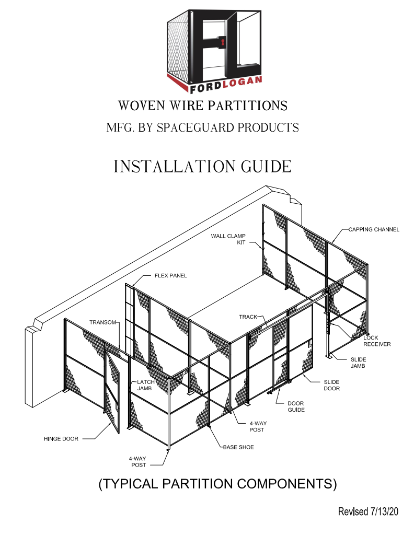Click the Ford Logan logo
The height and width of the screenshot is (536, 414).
point(214,51)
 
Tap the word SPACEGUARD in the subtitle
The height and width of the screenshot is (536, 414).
point(195,127)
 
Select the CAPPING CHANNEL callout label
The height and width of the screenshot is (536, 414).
point(374,229)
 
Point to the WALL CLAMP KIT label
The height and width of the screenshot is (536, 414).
point(228,239)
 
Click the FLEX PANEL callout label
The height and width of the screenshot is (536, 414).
point(171,275)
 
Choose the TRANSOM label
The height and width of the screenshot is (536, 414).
point(102,322)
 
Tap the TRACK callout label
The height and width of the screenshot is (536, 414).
point(248,317)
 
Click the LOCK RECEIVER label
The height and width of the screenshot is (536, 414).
point(377,341)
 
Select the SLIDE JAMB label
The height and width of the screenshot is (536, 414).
point(358,363)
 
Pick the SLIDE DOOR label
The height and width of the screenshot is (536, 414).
point(331,385)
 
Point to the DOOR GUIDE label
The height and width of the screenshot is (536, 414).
point(296,406)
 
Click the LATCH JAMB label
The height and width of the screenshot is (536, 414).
point(145,385)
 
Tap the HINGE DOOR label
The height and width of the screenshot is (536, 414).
point(61,439)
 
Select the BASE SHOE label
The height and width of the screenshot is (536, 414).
point(238,447)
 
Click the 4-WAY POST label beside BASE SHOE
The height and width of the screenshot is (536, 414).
point(257,426)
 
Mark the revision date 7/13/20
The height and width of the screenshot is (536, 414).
point(384,511)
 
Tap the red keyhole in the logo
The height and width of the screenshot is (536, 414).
point(223,43)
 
